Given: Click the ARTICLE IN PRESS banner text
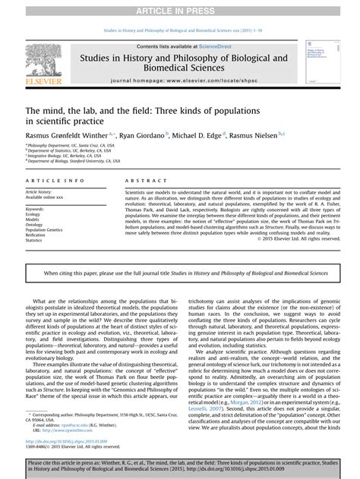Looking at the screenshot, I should (x=179, y=7).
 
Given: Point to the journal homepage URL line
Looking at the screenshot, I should (x=179, y=80).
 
